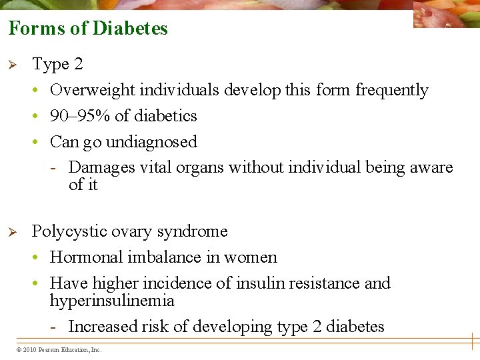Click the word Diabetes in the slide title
[x=130, y=29]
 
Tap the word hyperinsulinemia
[x=112, y=301]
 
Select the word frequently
[x=391, y=90]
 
